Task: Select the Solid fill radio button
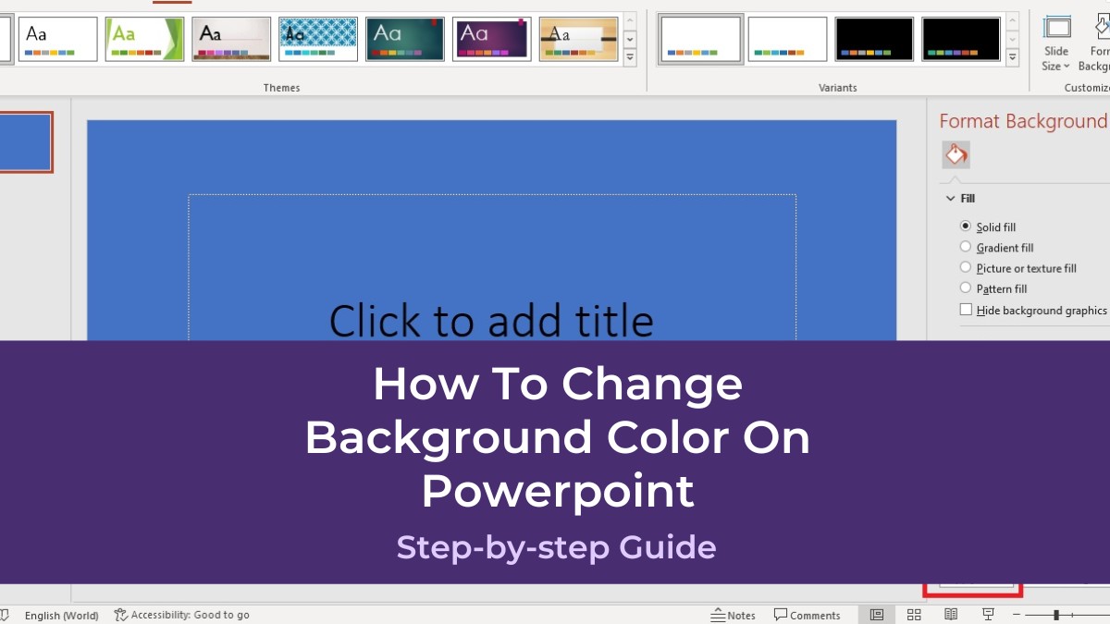[x=966, y=226]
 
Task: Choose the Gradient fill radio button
[x=966, y=247]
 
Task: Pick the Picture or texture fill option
[x=966, y=268]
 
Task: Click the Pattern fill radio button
[x=966, y=288]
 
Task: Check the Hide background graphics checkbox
[x=967, y=311]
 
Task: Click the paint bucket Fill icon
[x=956, y=154]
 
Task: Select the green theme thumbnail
[x=144, y=39]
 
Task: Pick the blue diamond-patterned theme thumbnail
[x=318, y=39]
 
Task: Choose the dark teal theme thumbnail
[x=405, y=39]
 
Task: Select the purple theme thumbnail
[x=492, y=39]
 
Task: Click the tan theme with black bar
[x=579, y=39]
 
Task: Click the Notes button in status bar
[x=733, y=615]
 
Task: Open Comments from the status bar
[x=807, y=615]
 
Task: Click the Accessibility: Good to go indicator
[x=182, y=615]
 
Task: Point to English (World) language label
[x=61, y=615]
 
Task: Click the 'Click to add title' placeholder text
[x=491, y=321]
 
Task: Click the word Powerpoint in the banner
[x=558, y=491]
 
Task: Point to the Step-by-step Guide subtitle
[x=556, y=547]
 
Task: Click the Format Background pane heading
[x=1022, y=121]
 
